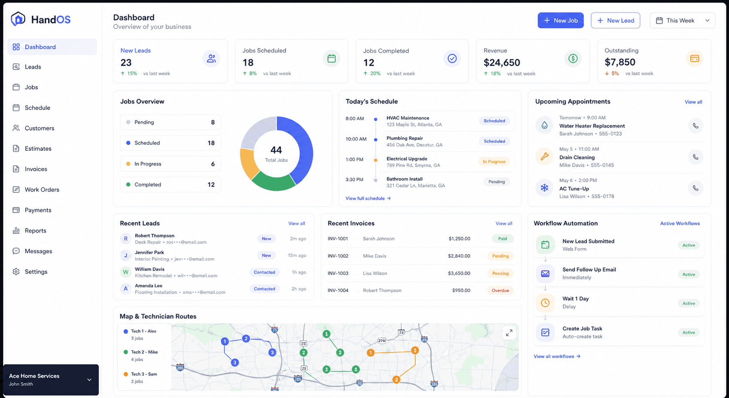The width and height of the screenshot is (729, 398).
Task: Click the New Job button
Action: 560,21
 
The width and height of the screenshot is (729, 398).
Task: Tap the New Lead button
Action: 615,21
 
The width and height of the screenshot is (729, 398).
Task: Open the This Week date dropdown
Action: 683,21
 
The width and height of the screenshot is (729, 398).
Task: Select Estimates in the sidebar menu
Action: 38,149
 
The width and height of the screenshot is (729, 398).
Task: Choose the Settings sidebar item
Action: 36,272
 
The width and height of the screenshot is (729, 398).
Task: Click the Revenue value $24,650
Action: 502,62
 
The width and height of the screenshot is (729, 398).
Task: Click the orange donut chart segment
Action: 248,163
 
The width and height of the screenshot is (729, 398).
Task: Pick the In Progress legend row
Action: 170,164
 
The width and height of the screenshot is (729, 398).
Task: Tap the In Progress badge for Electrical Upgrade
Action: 494,162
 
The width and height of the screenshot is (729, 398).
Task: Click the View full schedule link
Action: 368,198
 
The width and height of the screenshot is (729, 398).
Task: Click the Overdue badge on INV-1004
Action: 500,291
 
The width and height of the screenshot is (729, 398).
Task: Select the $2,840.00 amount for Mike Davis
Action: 459,256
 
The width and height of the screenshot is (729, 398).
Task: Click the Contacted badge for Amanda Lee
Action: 264,289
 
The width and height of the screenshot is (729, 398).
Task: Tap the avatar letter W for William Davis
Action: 126,272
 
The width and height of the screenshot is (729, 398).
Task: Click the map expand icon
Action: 509,333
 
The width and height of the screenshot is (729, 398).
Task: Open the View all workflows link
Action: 557,356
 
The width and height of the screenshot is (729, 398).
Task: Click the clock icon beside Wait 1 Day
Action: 545,303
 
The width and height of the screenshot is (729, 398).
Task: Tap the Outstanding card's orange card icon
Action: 695,58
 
